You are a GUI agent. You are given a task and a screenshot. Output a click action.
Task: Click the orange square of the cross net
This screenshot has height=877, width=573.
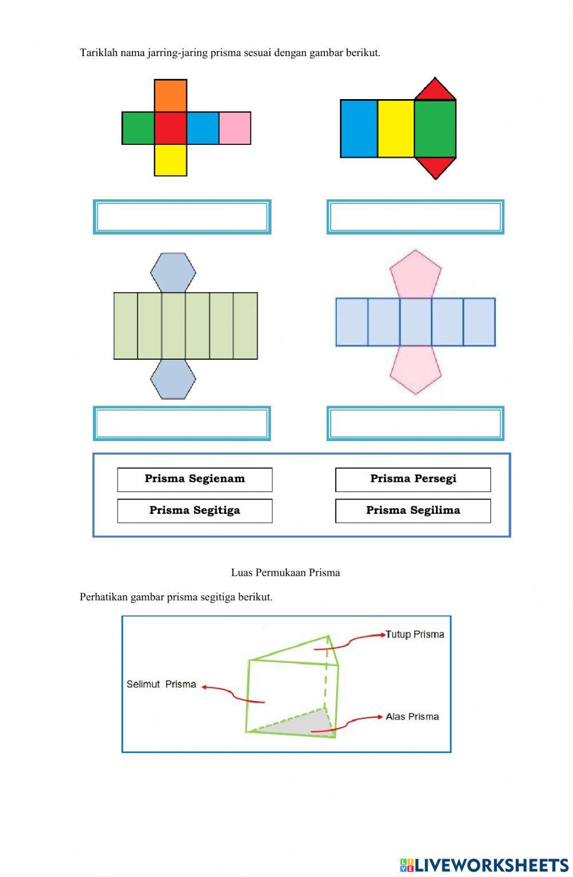point(170,96)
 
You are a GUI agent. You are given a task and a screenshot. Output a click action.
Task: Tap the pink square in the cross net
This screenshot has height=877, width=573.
point(235,128)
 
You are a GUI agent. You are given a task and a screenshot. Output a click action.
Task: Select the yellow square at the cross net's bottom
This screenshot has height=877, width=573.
point(170,160)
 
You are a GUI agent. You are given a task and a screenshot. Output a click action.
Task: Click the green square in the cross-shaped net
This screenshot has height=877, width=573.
point(138,128)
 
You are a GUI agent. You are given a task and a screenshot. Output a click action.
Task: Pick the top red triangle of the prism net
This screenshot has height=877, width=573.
point(435,91)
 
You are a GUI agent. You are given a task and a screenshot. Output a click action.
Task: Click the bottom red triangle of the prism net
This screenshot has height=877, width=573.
point(435,166)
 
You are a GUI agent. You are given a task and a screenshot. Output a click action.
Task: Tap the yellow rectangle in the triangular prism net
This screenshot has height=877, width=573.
point(396,128)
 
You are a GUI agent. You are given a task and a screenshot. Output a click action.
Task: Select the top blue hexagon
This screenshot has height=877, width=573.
point(173,272)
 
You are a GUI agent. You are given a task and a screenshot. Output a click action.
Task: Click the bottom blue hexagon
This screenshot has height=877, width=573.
point(173,379)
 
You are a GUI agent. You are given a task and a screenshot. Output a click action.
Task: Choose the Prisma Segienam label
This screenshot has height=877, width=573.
point(195,479)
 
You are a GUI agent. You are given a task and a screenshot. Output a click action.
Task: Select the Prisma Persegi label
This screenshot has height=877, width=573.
point(413,479)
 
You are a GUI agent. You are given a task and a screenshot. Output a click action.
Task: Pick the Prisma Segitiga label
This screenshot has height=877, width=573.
point(195,510)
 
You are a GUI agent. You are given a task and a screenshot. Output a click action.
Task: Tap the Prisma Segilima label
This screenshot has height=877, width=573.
point(413,510)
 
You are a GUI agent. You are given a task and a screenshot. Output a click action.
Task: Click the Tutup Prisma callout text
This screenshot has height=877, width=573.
point(415,634)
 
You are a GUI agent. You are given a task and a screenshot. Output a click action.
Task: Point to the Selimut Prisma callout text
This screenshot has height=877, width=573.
point(161,684)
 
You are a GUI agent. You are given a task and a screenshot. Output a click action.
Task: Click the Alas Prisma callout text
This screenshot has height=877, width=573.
point(412,717)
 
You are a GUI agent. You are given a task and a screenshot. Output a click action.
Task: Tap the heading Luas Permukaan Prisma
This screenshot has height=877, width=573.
point(285,572)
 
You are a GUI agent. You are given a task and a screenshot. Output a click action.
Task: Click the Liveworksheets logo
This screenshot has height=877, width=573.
point(484,864)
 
